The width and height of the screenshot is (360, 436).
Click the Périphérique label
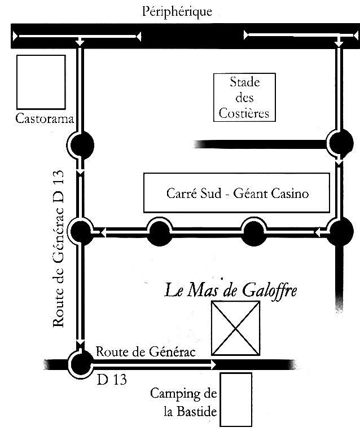tap(177, 12)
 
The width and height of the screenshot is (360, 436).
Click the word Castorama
tap(45, 119)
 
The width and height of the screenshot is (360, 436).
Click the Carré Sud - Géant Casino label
tap(238, 193)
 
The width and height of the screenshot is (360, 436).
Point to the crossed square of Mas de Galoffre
tap(236, 328)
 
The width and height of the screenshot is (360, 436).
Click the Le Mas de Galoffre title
tap(231, 291)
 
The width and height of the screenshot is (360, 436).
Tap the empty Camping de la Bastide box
tap(236, 399)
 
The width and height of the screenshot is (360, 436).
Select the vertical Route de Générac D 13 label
tap(59, 249)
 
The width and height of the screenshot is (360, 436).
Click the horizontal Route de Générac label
tap(146, 352)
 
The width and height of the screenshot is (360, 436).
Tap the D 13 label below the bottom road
tap(112, 379)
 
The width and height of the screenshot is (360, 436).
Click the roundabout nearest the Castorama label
tap(82, 145)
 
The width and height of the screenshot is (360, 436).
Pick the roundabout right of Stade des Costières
tap(340, 143)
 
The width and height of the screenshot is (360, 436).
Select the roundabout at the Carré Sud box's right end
tap(340, 231)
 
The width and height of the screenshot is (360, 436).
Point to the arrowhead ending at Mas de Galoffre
tap(214, 364)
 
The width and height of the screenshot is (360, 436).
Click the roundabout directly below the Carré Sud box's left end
tap(160, 231)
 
